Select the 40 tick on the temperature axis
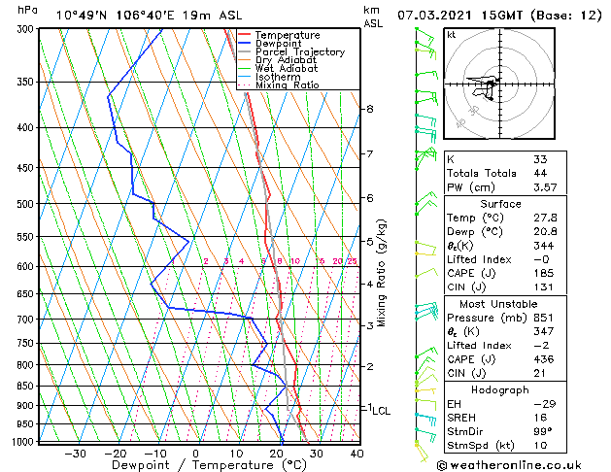(356, 453)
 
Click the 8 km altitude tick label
(370, 109)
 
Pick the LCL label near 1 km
(381, 411)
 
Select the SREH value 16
(540, 417)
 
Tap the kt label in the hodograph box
(452, 35)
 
